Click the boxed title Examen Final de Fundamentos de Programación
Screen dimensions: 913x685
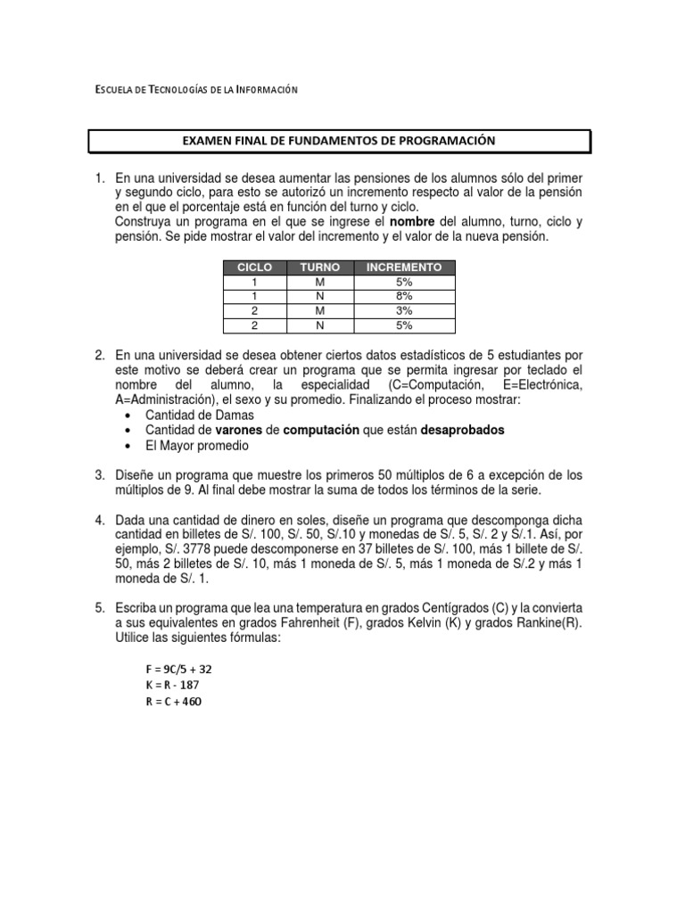(338, 141)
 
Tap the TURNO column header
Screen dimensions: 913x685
(319, 267)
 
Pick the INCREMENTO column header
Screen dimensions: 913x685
(404, 267)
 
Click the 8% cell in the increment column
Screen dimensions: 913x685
(404, 296)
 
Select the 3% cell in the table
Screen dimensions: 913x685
(404, 311)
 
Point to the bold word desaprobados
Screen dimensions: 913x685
(462, 430)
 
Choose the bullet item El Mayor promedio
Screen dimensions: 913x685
(196, 444)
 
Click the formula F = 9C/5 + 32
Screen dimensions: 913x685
(178, 669)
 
